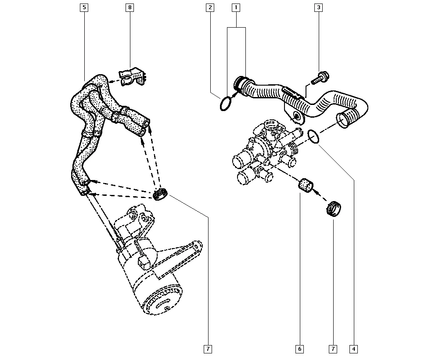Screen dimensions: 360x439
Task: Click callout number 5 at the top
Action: point(84,7)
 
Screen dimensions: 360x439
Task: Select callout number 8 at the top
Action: point(130,7)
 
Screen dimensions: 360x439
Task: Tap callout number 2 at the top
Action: point(210,7)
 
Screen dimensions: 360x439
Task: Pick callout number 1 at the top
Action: point(236,7)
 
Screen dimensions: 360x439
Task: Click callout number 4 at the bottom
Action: point(353,349)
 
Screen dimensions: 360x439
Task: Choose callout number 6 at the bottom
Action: point(299,349)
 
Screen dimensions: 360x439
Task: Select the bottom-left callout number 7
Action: point(208,349)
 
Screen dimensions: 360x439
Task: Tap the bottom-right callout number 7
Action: point(333,349)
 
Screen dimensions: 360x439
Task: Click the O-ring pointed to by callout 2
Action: point(225,104)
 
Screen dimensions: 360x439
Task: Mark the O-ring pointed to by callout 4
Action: point(313,137)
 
